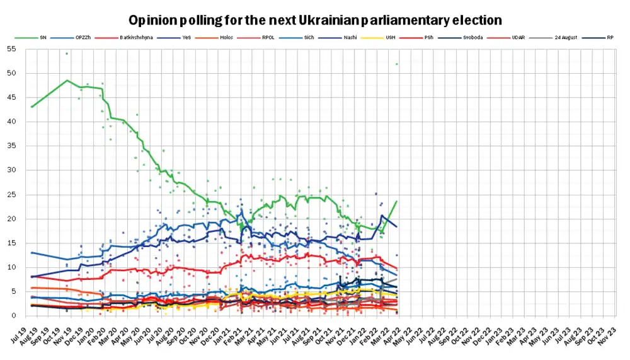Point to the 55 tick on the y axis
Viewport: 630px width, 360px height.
11,49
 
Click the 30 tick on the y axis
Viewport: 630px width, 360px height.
11,170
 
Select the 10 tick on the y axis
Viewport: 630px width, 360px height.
11,267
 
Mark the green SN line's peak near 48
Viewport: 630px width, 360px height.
67,80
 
